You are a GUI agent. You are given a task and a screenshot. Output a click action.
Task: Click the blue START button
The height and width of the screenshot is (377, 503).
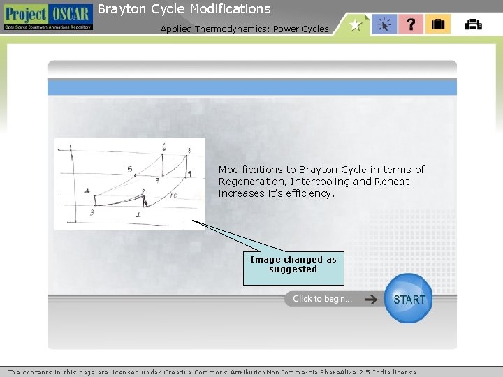pos(409,299)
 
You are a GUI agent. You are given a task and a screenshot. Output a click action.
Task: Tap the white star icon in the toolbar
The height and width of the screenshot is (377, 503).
pos(356,24)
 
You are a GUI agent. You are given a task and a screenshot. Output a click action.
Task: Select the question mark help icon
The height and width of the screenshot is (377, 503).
pos(411,24)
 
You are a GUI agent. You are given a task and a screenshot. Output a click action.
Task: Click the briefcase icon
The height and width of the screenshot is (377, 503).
pos(438,24)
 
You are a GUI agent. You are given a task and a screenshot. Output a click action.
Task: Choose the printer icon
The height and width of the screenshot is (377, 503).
pos(473,24)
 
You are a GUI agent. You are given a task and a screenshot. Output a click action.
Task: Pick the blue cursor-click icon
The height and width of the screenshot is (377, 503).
pos(384,24)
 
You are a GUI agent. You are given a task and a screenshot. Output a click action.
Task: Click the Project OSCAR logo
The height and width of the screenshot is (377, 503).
pos(47,17)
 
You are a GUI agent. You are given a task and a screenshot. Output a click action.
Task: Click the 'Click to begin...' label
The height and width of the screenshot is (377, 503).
pos(323,299)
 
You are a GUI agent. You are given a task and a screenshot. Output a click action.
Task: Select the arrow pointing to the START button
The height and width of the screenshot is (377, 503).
pos(371,299)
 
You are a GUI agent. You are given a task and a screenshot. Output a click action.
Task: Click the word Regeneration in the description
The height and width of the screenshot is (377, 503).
pos(250,182)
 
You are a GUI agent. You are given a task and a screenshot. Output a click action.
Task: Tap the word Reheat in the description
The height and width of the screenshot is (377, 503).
pos(392,182)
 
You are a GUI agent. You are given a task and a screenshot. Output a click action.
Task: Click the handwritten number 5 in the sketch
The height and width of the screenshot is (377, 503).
pos(129,169)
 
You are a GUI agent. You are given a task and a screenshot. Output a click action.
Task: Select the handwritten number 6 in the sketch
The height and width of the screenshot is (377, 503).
pos(163,147)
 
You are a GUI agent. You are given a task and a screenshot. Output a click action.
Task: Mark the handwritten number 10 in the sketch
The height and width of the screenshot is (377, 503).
pos(173,196)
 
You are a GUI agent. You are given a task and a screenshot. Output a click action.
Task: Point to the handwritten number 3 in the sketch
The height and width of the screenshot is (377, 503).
pos(92,212)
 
